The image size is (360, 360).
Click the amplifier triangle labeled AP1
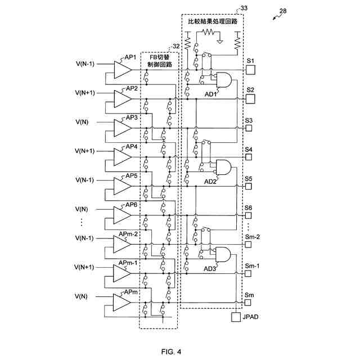(123, 70)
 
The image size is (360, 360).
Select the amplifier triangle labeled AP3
(123, 128)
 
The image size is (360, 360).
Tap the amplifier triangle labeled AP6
(123, 215)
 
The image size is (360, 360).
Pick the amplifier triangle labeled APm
(122, 303)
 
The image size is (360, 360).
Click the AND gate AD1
(224, 80)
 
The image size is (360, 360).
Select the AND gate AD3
(223, 254)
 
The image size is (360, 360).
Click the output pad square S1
(250, 70)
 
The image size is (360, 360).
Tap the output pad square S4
(249, 157)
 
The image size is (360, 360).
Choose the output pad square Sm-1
(248, 273)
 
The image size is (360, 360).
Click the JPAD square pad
(236, 317)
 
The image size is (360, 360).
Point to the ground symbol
(220, 42)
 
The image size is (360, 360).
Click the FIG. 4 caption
(171, 352)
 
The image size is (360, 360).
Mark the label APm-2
(128, 234)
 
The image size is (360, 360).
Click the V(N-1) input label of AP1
(85, 64)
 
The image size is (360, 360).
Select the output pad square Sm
(247, 303)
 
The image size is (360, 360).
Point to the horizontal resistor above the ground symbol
(208, 32)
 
